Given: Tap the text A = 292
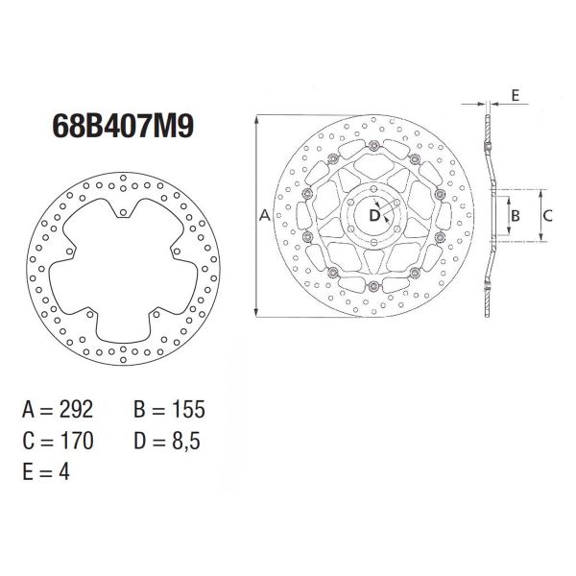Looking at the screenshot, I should click(x=58, y=411).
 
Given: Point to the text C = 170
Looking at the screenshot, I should click(x=58, y=442).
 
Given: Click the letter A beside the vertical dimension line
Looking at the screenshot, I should click(x=265, y=217).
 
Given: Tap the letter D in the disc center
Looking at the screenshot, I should click(x=375, y=216).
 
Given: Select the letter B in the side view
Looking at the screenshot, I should click(x=515, y=216).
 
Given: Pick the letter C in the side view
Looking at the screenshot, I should click(x=546, y=216).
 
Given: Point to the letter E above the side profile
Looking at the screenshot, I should click(x=516, y=96).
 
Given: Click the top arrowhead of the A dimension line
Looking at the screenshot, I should click(x=256, y=119).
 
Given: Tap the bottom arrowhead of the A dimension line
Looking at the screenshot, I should click(x=256, y=313).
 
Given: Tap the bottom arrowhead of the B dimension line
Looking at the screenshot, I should click(x=505, y=234).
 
